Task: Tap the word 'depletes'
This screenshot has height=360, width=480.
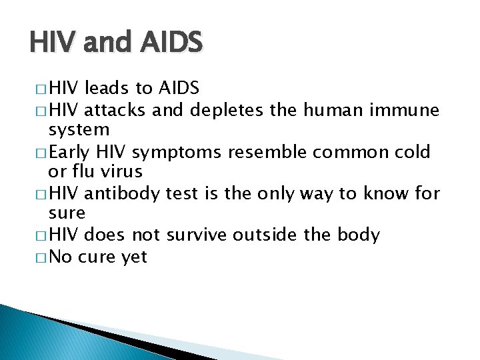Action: pos(227,110)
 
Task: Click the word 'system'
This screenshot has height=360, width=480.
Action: pos(79,130)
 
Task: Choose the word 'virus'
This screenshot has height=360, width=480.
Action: pos(123,172)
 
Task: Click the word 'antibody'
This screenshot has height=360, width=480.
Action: pos(121,193)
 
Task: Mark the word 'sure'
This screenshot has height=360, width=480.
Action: pos(67,214)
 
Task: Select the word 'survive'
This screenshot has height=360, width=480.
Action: pos(195,235)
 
